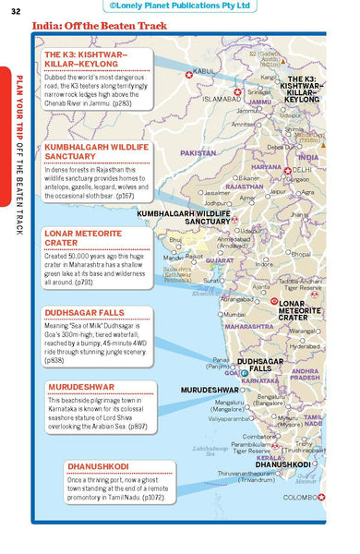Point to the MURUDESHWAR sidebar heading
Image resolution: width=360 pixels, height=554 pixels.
pyautogui.click(x=81, y=386)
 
